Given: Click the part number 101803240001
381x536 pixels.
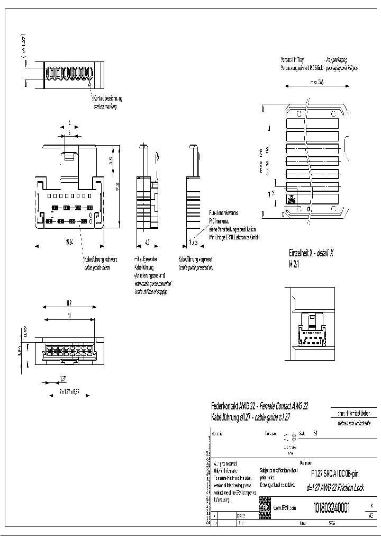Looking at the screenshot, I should [x=331, y=507].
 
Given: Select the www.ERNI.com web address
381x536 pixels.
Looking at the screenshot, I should [x=284, y=508].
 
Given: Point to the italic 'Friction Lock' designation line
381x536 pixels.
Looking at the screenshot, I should [x=335, y=488].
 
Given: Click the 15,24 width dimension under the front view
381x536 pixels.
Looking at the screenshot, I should [x=69, y=242].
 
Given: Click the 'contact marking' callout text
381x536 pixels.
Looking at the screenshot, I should [x=105, y=106].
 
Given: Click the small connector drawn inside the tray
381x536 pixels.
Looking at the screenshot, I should [x=291, y=200].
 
